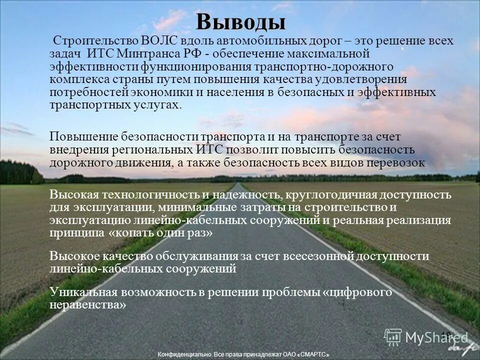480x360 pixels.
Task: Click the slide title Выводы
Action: point(240,21)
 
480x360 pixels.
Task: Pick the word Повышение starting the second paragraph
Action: point(83,136)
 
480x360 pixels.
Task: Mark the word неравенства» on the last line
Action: point(87,304)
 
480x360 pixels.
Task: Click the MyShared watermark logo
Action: point(425,337)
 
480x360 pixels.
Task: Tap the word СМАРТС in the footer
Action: point(313,354)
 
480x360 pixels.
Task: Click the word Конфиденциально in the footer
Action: point(183,354)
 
